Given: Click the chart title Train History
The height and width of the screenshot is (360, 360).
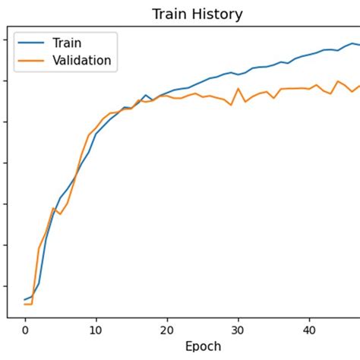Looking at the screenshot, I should point(197,14).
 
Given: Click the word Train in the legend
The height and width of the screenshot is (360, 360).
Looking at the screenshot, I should point(66,43).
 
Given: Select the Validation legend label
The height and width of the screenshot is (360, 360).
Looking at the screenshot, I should point(81,61).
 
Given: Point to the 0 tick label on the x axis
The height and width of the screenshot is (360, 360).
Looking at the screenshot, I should point(24,330).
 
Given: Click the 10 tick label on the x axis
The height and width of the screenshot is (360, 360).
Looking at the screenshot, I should point(96,330).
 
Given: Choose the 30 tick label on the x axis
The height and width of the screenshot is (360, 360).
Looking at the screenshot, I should point(238,330).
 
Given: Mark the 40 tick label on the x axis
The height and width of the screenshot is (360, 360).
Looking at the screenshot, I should point(309,330).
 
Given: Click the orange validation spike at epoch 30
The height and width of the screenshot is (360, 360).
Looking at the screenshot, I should point(238,88).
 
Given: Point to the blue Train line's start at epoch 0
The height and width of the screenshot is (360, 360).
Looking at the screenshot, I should point(24,300).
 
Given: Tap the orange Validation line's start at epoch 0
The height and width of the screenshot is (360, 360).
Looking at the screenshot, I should point(24,305).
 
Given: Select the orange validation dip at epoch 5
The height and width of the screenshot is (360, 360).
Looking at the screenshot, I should point(60,214).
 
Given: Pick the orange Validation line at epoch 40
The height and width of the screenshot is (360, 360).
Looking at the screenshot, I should point(309,89).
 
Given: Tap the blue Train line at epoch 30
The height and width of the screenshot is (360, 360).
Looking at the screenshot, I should point(238,74).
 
